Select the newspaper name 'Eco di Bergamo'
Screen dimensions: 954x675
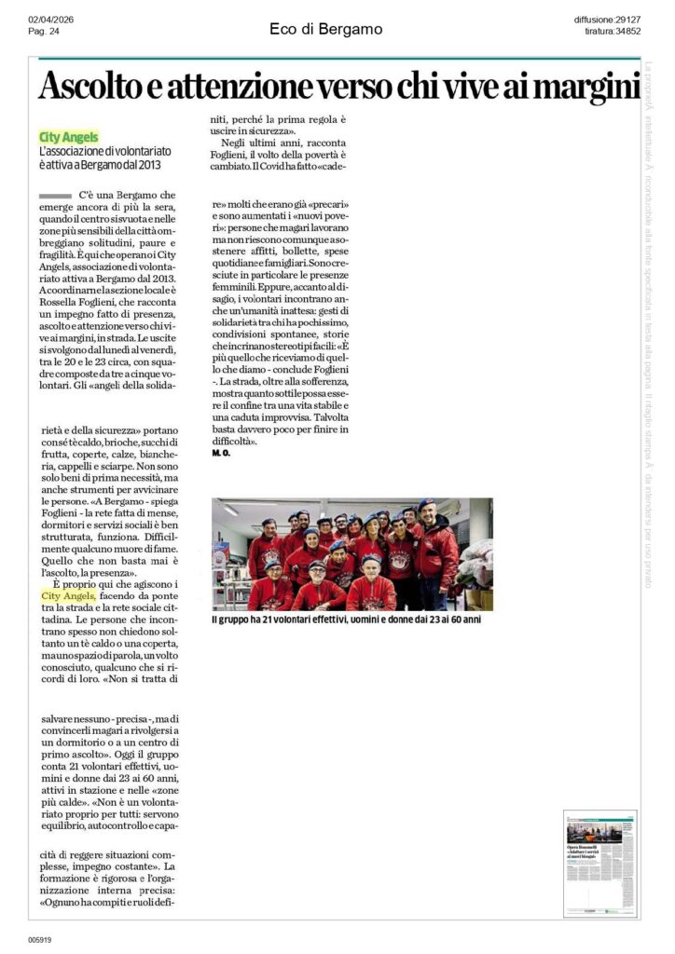[x=325, y=29]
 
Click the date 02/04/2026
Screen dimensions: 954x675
[x=51, y=20]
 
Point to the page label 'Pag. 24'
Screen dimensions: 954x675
[x=44, y=32]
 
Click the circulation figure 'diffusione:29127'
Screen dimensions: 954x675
[x=605, y=20]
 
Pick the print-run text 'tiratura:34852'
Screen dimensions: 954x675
[x=613, y=32]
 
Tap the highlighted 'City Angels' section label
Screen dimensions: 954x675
[x=69, y=137]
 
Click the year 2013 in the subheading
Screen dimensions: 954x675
[x=147, y=165]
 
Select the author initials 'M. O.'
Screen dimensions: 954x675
[x=220, y=454]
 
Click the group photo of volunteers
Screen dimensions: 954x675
[x=352, y=553]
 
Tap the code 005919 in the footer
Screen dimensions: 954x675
[x=39, y=939]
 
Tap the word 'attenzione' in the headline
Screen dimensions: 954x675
[x=226, y=88]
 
